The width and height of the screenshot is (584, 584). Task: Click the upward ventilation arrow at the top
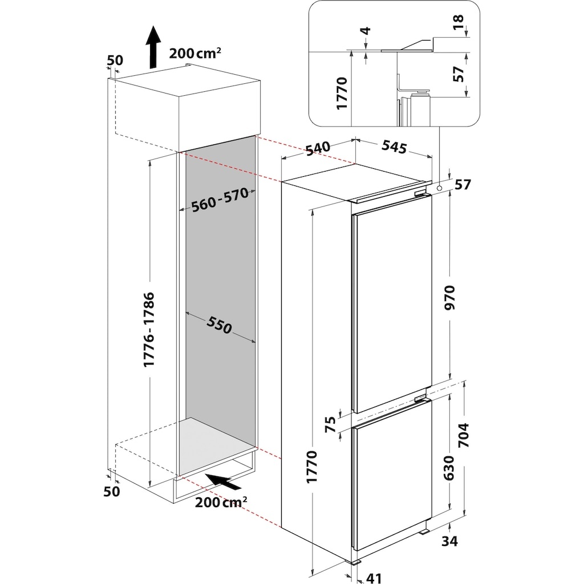(153, 47)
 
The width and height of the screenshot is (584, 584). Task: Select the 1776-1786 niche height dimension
(149, 329)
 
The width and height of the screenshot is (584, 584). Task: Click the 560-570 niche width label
(220, 200)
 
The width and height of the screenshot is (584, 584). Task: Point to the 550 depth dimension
(220, 325)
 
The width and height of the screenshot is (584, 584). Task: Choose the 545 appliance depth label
(394, 147)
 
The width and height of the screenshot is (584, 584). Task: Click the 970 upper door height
(450, 297)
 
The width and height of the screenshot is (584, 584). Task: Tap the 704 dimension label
(464, 435)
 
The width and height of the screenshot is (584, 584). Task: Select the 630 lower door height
(449, 468)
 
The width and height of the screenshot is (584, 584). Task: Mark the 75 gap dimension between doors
(330, 424)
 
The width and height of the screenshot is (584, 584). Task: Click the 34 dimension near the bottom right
(449, 541)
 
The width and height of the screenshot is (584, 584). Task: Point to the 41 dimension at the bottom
(374, 578)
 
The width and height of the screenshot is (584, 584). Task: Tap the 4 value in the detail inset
(367, 30)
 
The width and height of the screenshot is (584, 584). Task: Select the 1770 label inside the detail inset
(342, 93)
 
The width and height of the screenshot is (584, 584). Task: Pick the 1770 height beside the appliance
(311, 467)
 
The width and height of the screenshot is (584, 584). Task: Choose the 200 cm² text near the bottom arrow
(221, 502)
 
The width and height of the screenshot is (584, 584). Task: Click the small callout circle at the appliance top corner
(440, 189)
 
